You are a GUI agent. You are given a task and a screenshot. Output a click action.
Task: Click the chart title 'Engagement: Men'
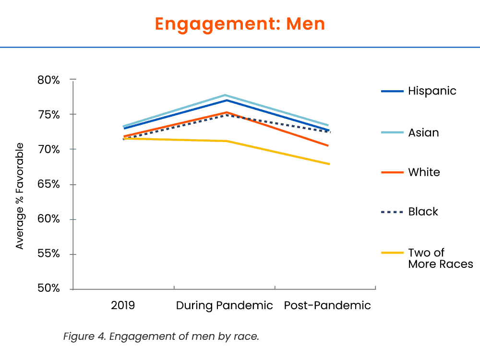(240, 24)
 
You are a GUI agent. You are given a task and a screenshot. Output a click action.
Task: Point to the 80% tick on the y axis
(48, 80)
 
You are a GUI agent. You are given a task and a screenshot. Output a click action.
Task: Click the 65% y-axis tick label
(48, 184)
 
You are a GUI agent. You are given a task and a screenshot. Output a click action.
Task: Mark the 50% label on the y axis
(48, 289)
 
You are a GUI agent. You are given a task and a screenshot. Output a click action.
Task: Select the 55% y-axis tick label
(48, 254)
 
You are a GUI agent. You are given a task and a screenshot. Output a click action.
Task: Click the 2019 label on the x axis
(123, 305)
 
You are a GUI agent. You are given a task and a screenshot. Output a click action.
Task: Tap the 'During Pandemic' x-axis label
(224, 305)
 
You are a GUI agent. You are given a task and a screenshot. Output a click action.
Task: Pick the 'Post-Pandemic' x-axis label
(327, 305)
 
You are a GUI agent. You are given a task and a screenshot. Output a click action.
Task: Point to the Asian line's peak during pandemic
(225, 95)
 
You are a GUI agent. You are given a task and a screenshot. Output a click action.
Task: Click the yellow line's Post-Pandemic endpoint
(329, 164)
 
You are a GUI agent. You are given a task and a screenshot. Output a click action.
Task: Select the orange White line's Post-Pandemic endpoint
(328, 145)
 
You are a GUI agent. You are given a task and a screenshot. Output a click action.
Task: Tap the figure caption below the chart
(161, 336)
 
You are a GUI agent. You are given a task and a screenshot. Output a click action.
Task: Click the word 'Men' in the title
(306, 24)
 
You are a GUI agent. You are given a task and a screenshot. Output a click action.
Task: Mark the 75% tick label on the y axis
(48, 115)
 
